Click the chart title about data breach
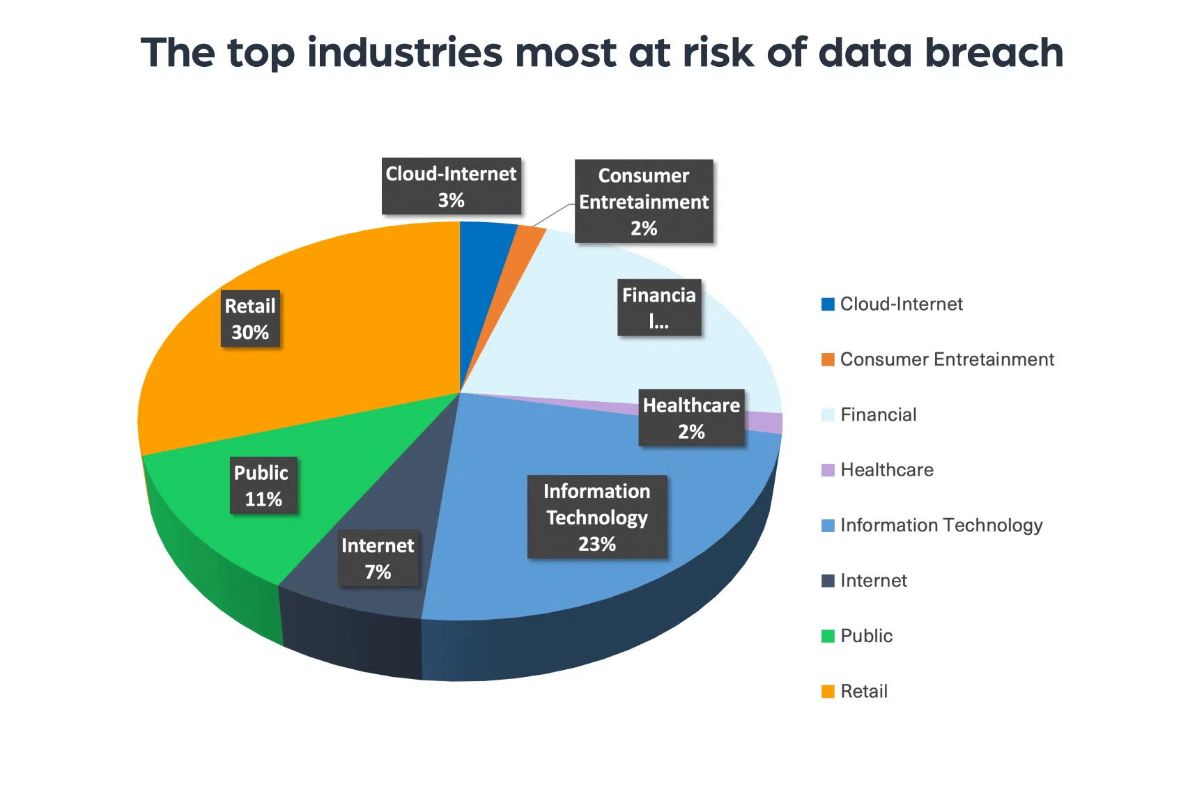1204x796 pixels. (602, 53)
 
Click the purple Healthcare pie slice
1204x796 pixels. (766, 421)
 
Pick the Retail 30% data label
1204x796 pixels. (250, 319)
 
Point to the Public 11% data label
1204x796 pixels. (263, 485)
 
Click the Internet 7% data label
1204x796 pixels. (378, 558)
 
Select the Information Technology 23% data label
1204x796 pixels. (597, 517)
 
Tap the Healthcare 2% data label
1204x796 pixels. (691, 418)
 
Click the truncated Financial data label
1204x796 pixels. (659, 308)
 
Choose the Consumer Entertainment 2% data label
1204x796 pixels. (644, 201)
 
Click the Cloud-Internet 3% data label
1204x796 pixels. (451, 186)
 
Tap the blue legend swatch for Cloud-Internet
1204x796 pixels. (828, 304)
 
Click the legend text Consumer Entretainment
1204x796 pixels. (946, 359)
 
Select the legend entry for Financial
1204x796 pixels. (878, 415)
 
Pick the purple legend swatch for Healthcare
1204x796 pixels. (828, 470)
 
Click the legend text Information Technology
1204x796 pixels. (941, 525)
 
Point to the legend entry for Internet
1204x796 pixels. (873, 581)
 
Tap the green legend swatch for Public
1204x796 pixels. (828, 636)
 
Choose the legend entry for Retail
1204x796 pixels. (864, 692)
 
